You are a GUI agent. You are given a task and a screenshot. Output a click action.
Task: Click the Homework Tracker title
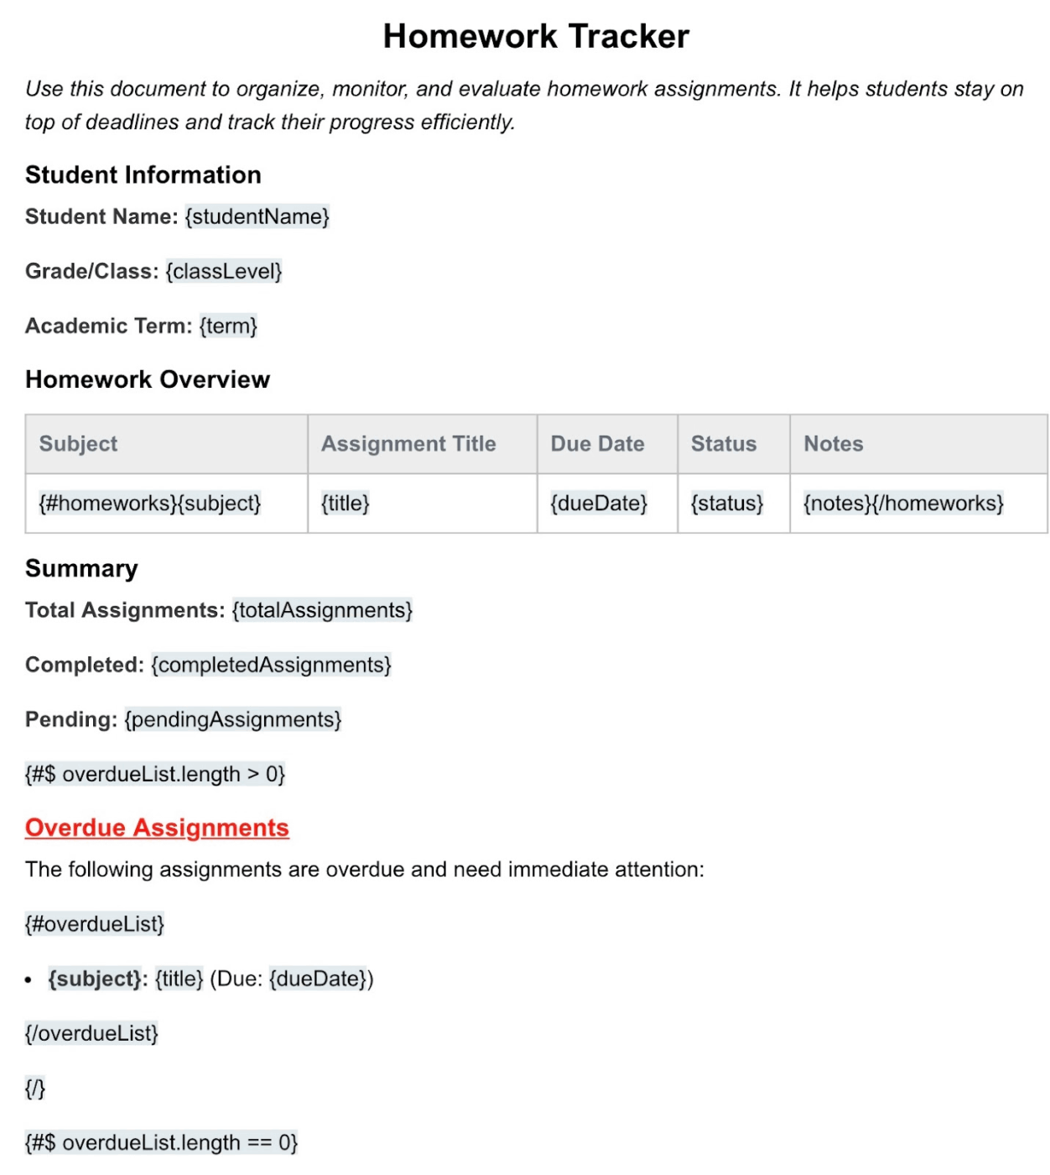tap(535, 37)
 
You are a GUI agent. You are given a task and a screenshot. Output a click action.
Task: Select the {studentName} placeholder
tap(257, 217)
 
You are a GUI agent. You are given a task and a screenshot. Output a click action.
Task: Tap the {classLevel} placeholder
tap(223, 271)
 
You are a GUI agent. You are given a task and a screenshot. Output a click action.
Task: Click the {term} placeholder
tap(228, 326)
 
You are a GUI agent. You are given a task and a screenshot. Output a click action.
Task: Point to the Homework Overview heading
tap(148, 379)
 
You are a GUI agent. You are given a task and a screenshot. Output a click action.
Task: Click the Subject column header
tap(78, 444)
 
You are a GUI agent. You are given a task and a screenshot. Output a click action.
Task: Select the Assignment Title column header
tap(408, 444)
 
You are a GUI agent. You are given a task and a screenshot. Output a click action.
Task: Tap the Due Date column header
tap(597, 444)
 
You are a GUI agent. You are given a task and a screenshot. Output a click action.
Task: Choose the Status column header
tap(723, 444)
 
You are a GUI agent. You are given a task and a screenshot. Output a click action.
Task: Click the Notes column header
tap(833, 444)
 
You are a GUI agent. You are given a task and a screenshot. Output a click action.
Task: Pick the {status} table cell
tap(726, 504)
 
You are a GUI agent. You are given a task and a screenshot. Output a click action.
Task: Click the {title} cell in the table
tap(345, 504)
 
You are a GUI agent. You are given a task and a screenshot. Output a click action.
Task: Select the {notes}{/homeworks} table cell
tap(902, 504)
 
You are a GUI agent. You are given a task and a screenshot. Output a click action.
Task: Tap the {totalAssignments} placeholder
tap(322, 610)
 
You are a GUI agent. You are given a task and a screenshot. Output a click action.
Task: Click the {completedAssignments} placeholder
tap(271, 665)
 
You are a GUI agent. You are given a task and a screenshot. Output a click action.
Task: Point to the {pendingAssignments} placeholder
tap(232, 719)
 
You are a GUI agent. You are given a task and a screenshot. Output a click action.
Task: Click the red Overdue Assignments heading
tap(157, 828)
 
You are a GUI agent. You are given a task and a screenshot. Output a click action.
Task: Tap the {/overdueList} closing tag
tap(91, 1033)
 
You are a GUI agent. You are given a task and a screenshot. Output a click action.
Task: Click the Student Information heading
tap(143, 175)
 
